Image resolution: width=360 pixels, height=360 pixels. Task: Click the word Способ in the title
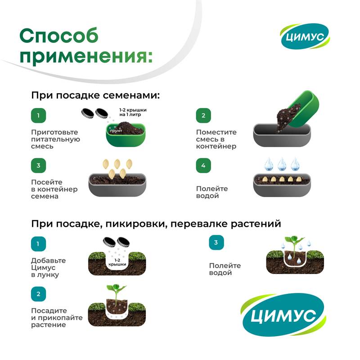click(59, 36)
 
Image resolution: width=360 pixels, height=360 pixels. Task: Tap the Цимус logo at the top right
click(305, 36)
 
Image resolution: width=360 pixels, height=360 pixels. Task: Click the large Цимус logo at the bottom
click(283, 315)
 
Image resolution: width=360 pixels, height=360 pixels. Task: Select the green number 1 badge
click(38, 115)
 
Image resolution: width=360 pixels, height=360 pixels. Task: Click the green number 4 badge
click(203, 165)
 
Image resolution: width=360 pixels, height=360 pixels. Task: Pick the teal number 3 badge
click(216, 242)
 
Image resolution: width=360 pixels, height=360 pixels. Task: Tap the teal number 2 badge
click(38, 294)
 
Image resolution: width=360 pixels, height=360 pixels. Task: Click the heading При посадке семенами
click(95, 95)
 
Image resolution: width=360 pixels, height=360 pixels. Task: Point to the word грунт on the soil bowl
click(116, 131)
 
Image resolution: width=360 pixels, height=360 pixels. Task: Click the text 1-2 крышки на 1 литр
click(133, 112)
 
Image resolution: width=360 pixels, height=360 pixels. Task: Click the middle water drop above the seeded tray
click(282, 164)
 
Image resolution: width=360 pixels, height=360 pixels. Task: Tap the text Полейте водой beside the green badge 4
click(212, 192)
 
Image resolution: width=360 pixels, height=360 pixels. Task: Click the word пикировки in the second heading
click(136, 224)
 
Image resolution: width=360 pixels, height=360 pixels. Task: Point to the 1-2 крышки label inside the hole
click(117, 262)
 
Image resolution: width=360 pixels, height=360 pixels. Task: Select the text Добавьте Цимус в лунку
click(49, 267)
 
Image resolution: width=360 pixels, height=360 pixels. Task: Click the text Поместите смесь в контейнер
click(216, 139)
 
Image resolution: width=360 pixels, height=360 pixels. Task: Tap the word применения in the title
click(86, 56)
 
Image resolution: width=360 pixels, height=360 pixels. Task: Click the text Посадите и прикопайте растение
click(57, 318)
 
